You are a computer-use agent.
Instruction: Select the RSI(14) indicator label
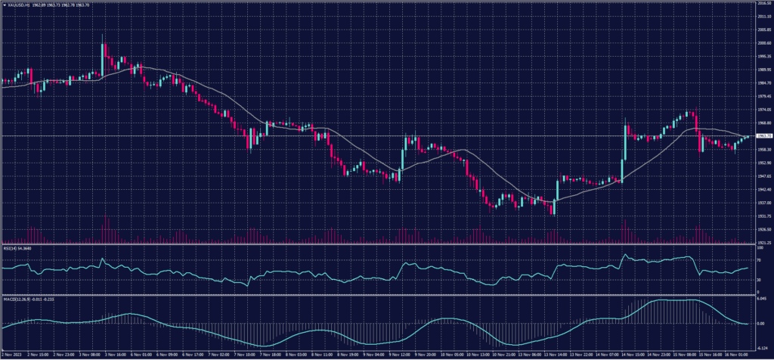11,247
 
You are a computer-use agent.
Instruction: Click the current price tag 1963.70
761,136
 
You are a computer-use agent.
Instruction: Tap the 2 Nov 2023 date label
11,354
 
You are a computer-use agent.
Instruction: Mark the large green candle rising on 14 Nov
624,144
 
